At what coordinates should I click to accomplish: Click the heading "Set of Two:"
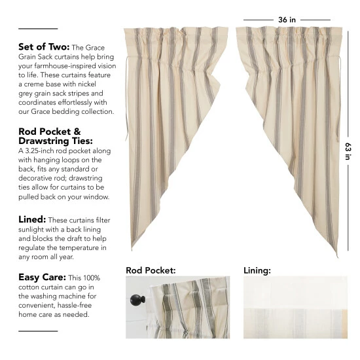43,47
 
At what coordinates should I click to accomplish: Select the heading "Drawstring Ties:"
56,141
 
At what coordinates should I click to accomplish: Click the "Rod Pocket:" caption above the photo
151,269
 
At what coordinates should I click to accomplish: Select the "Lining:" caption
257,269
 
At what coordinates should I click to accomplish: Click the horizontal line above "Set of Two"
38,29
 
